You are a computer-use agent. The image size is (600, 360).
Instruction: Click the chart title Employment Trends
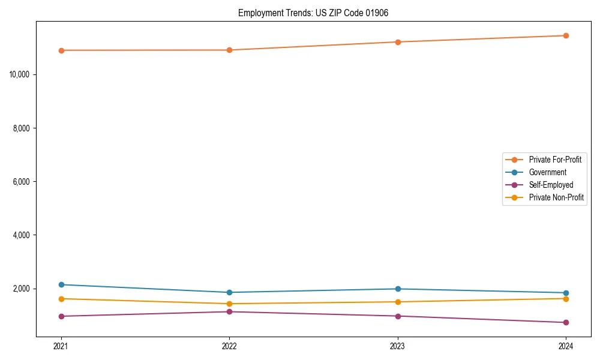click(313, 13)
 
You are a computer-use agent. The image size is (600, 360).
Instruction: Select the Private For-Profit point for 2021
click(61, 50)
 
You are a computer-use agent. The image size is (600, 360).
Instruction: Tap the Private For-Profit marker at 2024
click(566, 35)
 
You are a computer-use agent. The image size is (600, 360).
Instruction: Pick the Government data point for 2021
click(61, 284)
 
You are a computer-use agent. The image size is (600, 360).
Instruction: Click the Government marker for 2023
click(398, 289)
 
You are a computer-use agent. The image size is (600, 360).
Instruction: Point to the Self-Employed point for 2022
click(229, 311)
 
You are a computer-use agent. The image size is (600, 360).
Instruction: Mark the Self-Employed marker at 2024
click(566, 323)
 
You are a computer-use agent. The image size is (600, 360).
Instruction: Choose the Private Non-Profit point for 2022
click(229, 304)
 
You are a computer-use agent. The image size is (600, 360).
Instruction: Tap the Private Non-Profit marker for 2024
click(566, 298)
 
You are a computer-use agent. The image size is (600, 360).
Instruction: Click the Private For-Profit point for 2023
click(398, 42)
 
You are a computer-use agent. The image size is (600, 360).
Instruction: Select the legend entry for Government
click(547, 172)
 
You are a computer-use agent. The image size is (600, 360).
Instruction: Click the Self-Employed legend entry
click(551, 185)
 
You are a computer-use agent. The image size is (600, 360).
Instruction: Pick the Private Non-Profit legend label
click(556, 197)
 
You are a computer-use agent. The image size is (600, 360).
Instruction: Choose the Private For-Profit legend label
click(555, 160)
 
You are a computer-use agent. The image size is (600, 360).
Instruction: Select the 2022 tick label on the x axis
click(229, 346)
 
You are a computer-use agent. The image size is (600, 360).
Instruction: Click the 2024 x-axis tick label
click(566, 346)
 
